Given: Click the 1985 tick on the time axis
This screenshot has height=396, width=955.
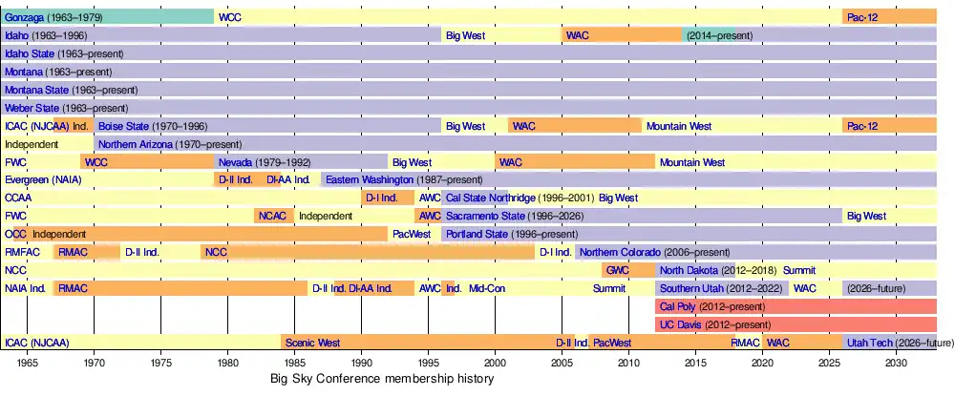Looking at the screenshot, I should point(294,363).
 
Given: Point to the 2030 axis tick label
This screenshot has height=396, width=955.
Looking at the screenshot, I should point(896,363).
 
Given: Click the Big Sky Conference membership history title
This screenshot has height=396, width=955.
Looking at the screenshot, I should point(383,380).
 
